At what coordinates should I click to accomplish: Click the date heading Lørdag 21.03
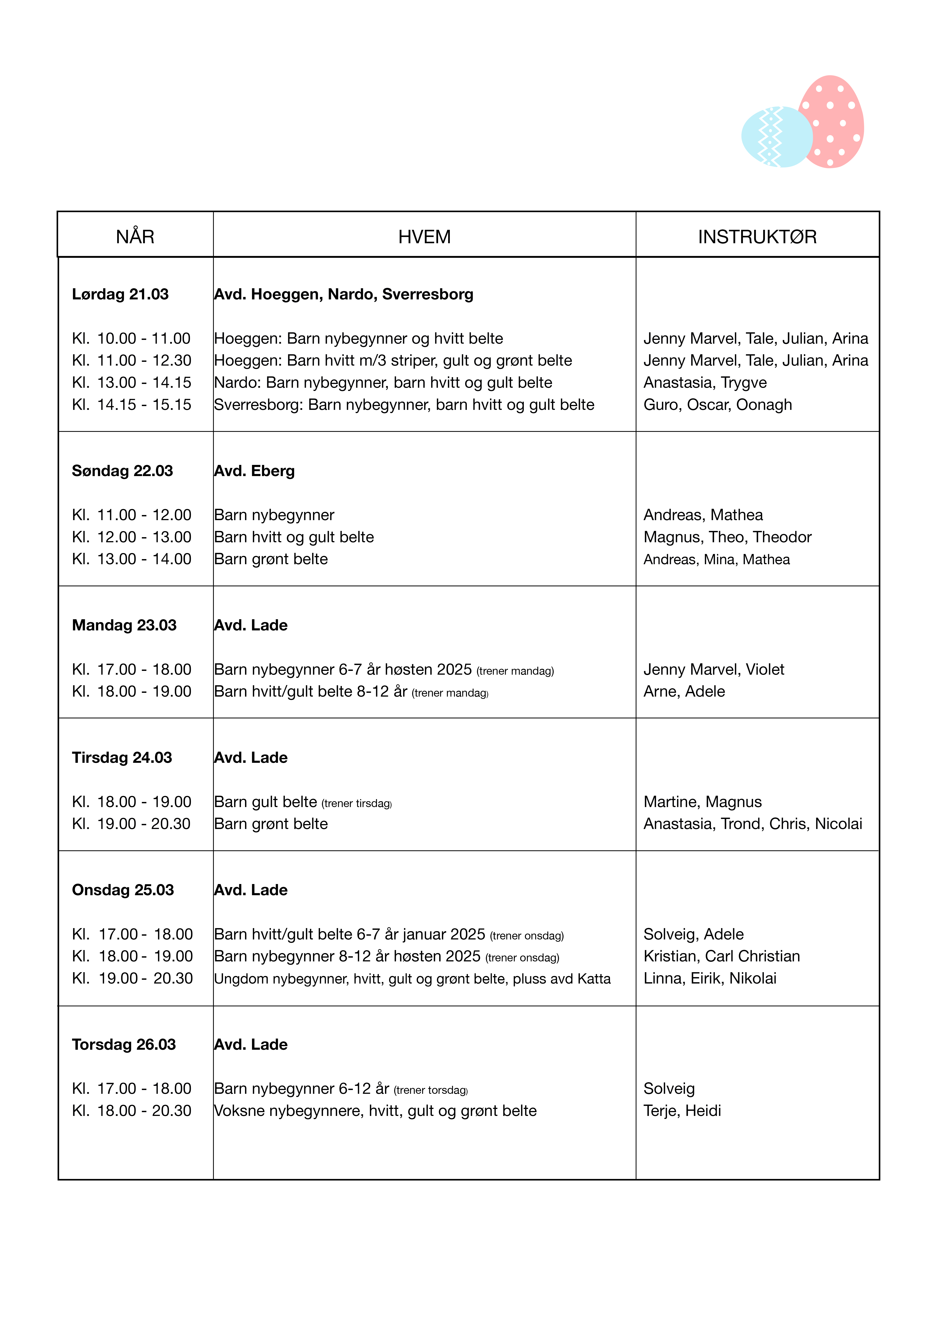pyautogui.click(x=120, y=294)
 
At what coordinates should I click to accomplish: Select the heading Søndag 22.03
pyautogui.click(x=123, y=471)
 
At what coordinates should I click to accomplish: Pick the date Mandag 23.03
pyautogui.click(x=124, y=625)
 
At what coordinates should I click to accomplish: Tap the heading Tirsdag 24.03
pyautogui.click(x=122, y=758)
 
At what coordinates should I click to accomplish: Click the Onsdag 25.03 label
pyautogui.click(x=123, y=890)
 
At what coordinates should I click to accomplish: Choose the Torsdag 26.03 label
pyautogui.click(x=124, y=1044)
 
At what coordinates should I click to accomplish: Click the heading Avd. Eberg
pyautogui.click(x=254, y=471)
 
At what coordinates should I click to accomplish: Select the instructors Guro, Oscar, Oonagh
pyautogui.click(x=718, y=405)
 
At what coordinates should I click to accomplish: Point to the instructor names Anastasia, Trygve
pyautogui.click(x=705, y=383)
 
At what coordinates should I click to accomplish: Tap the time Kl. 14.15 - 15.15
pyautogui.click(x=132, y=405)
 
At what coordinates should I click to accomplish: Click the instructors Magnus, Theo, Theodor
pyautogui.click(x=728, y=537)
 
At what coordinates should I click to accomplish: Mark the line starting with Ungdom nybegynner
pyautogui.click(x=412, y=978)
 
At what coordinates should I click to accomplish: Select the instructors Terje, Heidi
pyautogui.click(x=683, y=1111)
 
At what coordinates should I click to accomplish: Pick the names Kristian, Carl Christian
pyautogui.click(x=722, y=956)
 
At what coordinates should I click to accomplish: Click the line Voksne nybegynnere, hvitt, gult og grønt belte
pyautogui.click(x=375, y=1111)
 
